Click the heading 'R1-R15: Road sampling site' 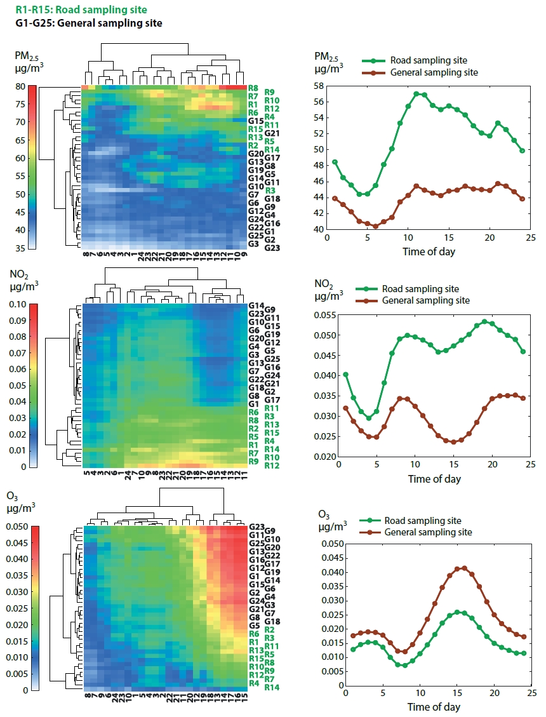tap(81, 10)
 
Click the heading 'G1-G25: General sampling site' tap(88, 23)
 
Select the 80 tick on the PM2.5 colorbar tap(20, 86)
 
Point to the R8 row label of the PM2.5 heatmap tap(253, 88)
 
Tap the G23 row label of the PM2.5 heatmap tap(272, 248)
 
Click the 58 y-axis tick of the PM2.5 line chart tap(319, 86)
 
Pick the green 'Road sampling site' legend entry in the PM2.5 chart tap(415, 60)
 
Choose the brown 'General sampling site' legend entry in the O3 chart tap(416, 532)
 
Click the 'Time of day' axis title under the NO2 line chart tap(434, 479)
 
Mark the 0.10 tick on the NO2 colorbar tap(18, 305)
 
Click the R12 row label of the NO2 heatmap tap(272, 466)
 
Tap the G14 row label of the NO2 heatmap tap(256, 305)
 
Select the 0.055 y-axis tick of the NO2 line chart tap(324, 315)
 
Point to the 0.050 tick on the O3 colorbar tap(17, 526)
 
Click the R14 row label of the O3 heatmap tap(272, 687)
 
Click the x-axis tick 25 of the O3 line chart tap(532, 693)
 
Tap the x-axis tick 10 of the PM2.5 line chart tap(408, 238)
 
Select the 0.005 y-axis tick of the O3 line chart tap(333, 671)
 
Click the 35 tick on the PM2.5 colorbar tap(20, 249)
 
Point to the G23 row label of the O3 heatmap tap(257, 526)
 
